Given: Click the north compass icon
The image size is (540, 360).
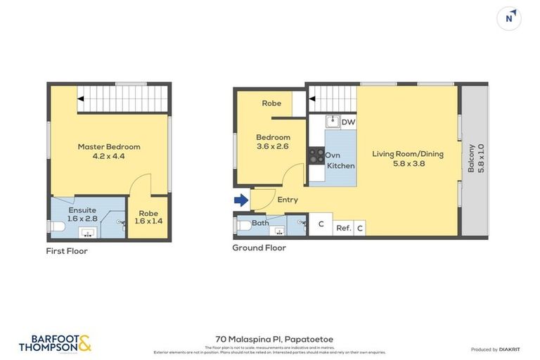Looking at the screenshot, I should point(508,18).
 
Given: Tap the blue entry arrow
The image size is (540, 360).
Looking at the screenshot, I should point(240,200).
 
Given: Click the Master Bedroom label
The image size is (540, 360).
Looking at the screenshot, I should point(109,151).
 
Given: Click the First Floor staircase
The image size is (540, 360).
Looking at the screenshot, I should point(122,98).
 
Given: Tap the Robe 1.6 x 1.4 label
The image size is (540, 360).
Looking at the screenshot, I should point(148,217).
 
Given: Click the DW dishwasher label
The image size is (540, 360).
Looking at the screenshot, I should point(348,122).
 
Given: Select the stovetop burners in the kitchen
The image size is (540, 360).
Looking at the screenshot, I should point(316,155).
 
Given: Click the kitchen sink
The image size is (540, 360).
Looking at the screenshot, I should point(332,122).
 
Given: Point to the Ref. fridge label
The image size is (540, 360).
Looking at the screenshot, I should point(343,228).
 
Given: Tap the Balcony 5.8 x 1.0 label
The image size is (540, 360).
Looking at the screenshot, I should point(476,160).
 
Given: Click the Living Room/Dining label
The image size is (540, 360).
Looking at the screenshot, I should point(408,158).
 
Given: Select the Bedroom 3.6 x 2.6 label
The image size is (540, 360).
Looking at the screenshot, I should point(273,142).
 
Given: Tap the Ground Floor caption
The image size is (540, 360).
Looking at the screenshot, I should point(259,247).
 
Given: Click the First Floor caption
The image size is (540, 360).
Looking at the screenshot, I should point(67,250).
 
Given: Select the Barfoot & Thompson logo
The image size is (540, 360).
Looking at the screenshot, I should point(55,343).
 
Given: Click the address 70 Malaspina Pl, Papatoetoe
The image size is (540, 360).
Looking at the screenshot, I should point(274,339).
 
